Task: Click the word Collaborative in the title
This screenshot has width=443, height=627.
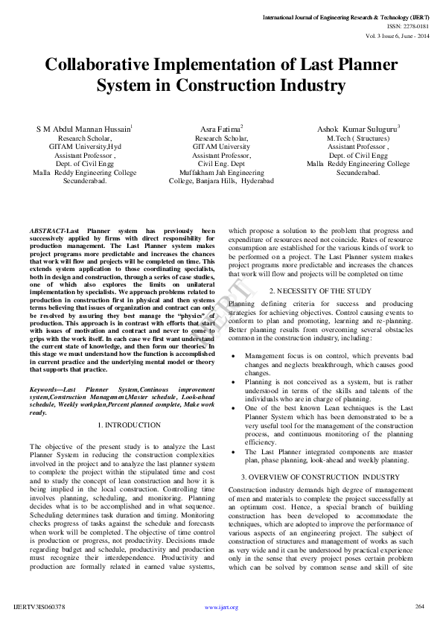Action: [x=101, y=66]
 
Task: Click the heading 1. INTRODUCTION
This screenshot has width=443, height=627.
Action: [x=129, y=425]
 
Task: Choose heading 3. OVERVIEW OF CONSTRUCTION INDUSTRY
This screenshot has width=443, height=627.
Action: [x=320, y=477]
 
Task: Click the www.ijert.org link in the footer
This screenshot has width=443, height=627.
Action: [x=221, y=608]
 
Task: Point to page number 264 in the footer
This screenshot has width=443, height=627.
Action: [x=419, y=606]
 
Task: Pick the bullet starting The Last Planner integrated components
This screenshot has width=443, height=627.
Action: [x=339, y=456]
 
